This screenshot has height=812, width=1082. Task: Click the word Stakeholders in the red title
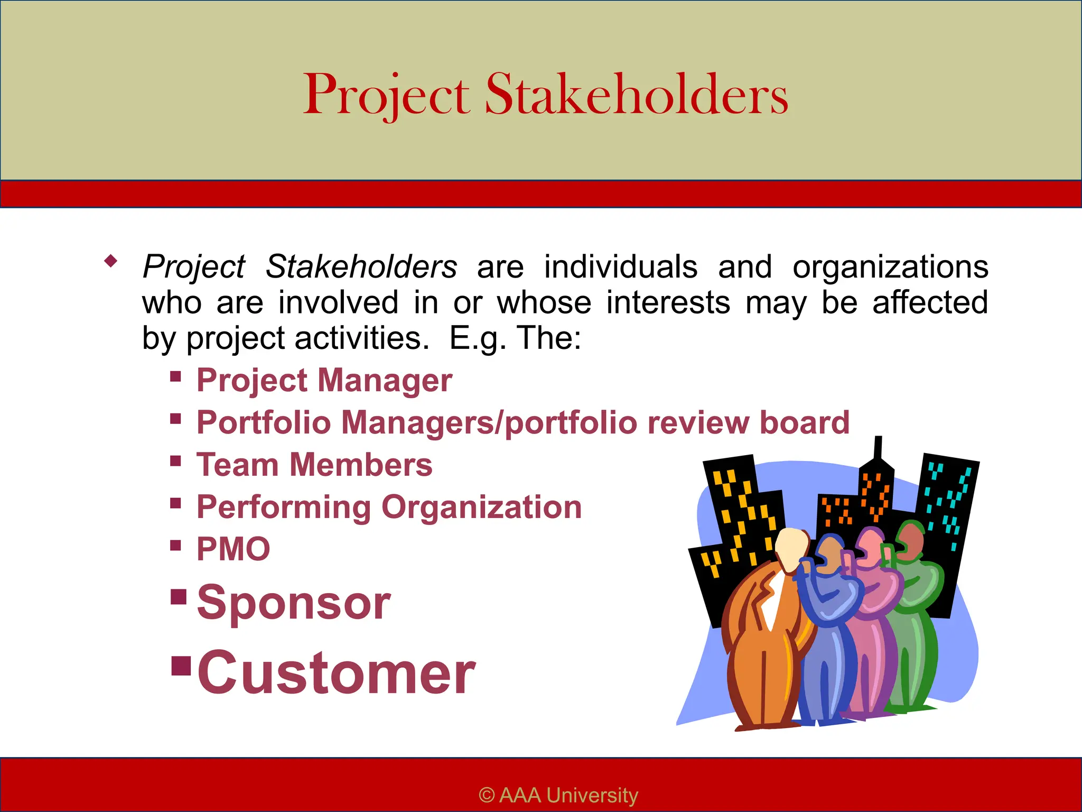coord(636,95)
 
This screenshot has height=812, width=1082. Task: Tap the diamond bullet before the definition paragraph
coord(110,261)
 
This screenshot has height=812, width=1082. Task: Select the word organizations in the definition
coord(890,267)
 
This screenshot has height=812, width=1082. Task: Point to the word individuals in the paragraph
coord(621,266)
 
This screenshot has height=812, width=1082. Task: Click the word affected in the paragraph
coord(930,302)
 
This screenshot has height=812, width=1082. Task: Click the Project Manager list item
coord(324,381)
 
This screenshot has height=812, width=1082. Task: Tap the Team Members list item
coord(314,465)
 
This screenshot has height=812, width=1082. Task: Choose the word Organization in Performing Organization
coord(481,508)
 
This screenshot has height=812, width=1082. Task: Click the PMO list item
coord(233,549)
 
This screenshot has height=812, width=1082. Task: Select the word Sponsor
coord(294,603)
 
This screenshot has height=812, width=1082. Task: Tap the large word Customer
coord(337,673)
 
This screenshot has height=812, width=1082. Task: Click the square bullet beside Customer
coord(181,667)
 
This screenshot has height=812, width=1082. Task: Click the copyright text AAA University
coord(558,795)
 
